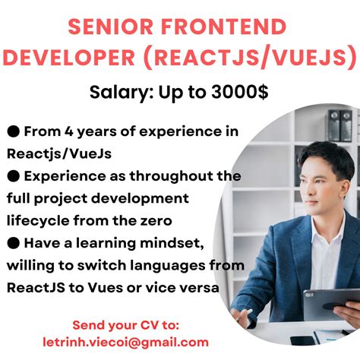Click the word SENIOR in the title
point(106,28)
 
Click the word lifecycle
point(40,221)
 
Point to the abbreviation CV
point(157,324)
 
